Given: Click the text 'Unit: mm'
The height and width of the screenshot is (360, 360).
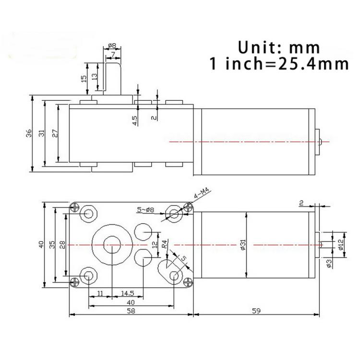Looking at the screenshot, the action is point(278,48).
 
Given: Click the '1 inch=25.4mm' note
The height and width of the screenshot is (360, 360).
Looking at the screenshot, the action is point(279,64).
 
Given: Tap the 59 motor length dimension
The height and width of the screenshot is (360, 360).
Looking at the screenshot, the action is point(256,311).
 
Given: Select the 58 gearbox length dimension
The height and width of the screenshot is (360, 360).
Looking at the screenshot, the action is point(131,311).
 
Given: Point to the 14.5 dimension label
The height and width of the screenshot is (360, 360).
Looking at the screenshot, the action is point(127,293).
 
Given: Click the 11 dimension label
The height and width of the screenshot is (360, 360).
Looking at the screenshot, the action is point(100,293).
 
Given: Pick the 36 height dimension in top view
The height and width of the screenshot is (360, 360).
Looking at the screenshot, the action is point(29,133).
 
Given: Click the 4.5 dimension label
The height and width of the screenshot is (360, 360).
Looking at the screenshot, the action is point(135,120).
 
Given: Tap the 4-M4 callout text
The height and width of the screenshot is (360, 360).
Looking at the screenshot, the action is point(201,193).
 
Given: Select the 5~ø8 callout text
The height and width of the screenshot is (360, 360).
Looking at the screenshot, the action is point(145,210).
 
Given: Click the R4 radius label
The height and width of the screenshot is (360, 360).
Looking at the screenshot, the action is point(165,244).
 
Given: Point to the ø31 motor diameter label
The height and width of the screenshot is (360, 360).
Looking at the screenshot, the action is point(243,245).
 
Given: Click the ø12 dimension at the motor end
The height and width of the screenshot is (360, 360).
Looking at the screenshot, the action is point(340,244).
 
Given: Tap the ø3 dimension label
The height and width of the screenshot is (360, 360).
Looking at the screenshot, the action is point(329,264).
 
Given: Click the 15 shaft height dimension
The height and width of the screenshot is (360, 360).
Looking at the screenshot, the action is point(84,79).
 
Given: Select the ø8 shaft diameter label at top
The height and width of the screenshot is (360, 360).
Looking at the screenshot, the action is point(112,46).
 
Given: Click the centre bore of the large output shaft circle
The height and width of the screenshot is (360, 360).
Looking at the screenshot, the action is point(112,245).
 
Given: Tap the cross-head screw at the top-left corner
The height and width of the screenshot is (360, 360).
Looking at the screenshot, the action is point(74,208).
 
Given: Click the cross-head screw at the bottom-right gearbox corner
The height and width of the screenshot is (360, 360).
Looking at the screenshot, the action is point(188,282).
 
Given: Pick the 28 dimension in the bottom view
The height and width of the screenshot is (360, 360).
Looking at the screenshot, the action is point(62,245).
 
